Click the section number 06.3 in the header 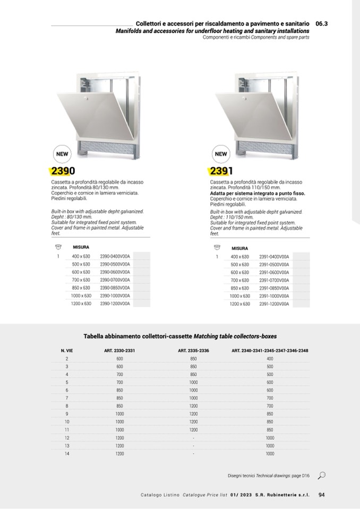click(321, 24)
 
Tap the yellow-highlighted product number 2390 click(62, 171)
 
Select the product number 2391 click(221, 171)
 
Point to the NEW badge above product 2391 click(221, 154)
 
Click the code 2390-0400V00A click(115, 256)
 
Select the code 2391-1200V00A click(274, 304)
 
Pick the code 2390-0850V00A click(115, 288)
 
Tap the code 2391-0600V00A click(274, 272)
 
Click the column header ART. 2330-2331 click(119, 350)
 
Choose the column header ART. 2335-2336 click(193, 350)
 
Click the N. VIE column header click(67, 350)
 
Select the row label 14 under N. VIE click(67, 454)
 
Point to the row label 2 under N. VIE click(67, 358)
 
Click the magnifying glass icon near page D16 click(322, 476)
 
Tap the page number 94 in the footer click(321, 495)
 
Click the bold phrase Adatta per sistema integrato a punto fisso click(258, 194)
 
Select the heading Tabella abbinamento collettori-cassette click(138, 336)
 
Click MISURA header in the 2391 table click(239, 248)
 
